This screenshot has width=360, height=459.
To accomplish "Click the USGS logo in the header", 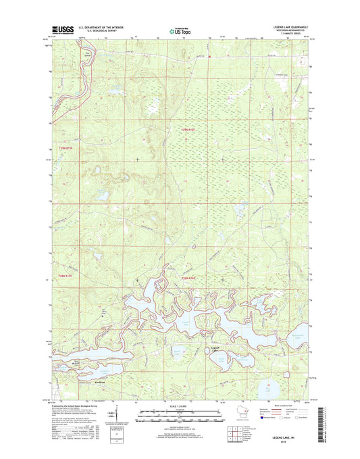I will pyautogui.click(x=61, y=30).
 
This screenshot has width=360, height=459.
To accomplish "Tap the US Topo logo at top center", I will pyautogui.click(x=180, y=30).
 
